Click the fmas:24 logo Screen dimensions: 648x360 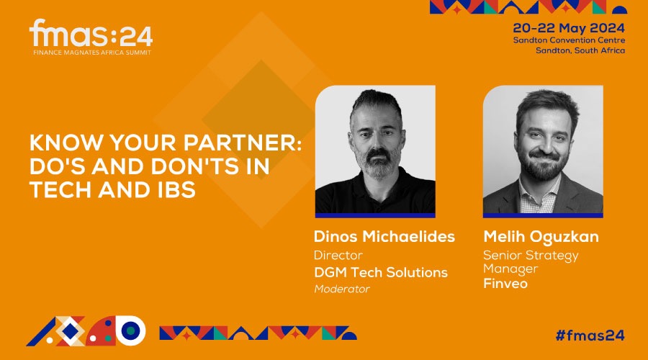(91, 37)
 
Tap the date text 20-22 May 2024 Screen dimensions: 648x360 (569, 28)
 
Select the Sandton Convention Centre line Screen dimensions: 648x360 (569, 40)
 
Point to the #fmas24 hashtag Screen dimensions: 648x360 (590, 336)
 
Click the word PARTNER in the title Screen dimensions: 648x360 (243, 143)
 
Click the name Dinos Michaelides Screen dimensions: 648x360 (384, 236)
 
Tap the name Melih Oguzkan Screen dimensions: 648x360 (541, 237)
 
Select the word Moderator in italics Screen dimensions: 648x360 (342, 289)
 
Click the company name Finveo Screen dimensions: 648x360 (505, 284)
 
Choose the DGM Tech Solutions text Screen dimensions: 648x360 (381, 272)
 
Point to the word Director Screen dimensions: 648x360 (338, 255)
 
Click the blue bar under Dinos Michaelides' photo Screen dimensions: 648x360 (375, 215)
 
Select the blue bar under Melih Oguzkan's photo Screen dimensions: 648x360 (543, 215)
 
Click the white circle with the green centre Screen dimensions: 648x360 (131, 330)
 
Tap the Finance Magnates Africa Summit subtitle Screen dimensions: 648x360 (92, 53)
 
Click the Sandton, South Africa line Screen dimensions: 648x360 (580, 50)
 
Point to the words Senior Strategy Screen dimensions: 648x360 (531, 256)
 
